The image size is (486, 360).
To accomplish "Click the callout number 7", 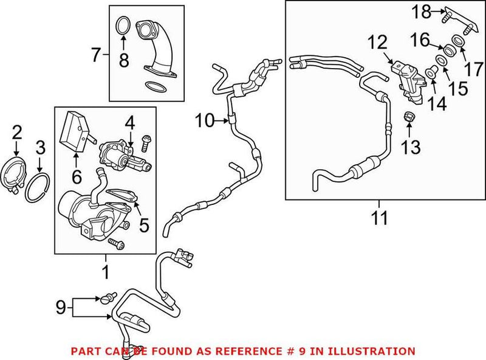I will pos(96,55).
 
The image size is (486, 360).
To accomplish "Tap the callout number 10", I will pos(204,120).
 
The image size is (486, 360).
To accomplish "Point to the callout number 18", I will pos(422,11).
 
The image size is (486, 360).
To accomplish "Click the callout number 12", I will pos(377,43).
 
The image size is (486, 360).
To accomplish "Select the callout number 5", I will pos(144,225).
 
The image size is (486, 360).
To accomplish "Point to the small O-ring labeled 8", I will pos(122,27).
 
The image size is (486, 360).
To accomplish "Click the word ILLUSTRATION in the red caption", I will pos(371,351).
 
